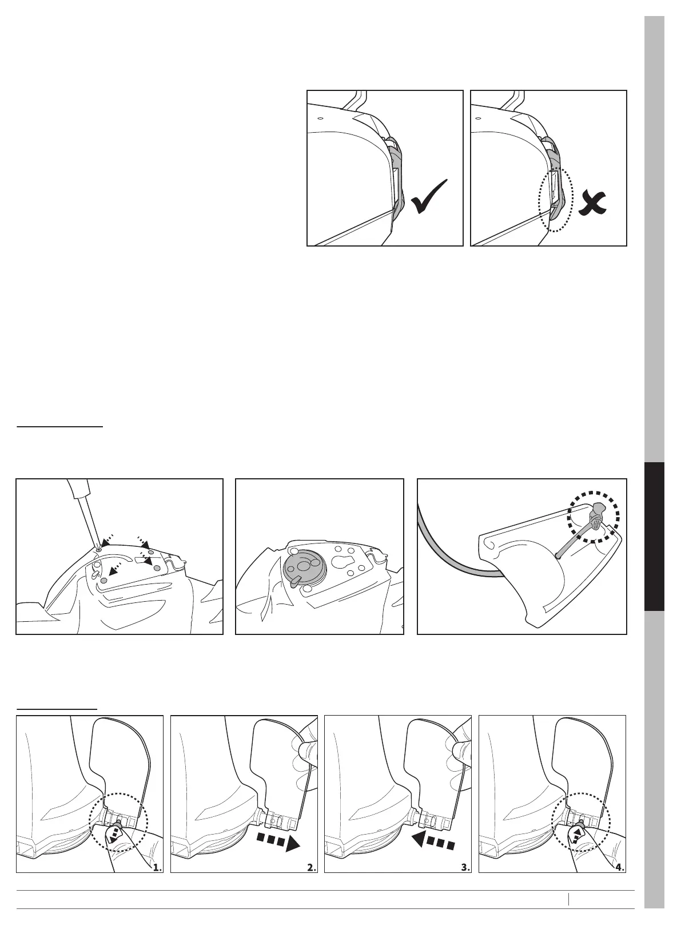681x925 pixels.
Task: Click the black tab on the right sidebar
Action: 654,537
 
